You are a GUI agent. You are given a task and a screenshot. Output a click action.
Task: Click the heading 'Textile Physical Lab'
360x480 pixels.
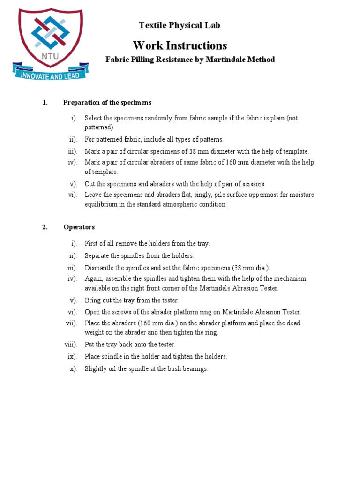point(180,25)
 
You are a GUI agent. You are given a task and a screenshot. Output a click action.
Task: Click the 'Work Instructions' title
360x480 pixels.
point(180,45)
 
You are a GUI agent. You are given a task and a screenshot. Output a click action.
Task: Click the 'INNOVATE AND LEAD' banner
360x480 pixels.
point(49,75)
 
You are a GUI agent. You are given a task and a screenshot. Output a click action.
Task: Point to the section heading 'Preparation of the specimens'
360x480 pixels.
point(107,103)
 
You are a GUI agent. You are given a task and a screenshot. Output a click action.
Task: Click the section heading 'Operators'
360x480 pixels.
point(79,227)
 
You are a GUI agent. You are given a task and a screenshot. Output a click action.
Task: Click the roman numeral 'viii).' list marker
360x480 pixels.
point(71,345)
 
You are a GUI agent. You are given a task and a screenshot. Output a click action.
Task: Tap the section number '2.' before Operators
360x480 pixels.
point(45,227)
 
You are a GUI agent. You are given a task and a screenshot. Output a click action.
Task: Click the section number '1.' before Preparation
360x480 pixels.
point(45,103)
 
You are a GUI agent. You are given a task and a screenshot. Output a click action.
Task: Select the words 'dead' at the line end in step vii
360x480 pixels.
point(293,323)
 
